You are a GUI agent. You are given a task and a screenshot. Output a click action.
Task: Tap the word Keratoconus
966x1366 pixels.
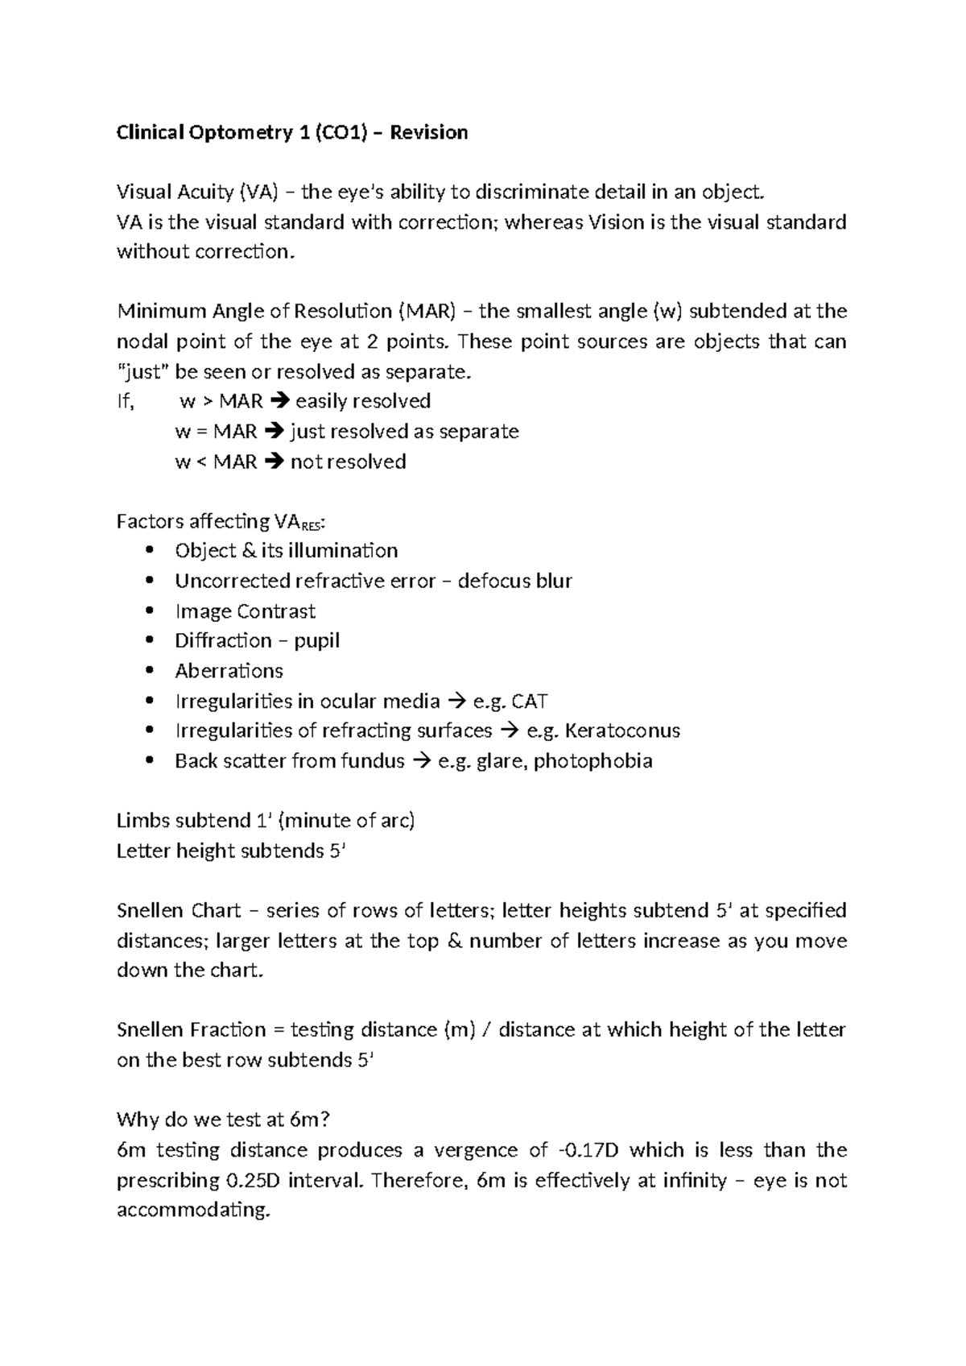(622, 731)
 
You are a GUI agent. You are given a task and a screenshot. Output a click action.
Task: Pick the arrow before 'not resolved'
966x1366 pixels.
(274, 462)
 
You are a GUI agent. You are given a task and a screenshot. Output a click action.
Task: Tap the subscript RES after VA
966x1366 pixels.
(312, 526)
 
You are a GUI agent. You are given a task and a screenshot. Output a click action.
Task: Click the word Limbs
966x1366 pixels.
(143, 820)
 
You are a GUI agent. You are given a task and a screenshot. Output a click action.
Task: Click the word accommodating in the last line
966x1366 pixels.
(192, 1210)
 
